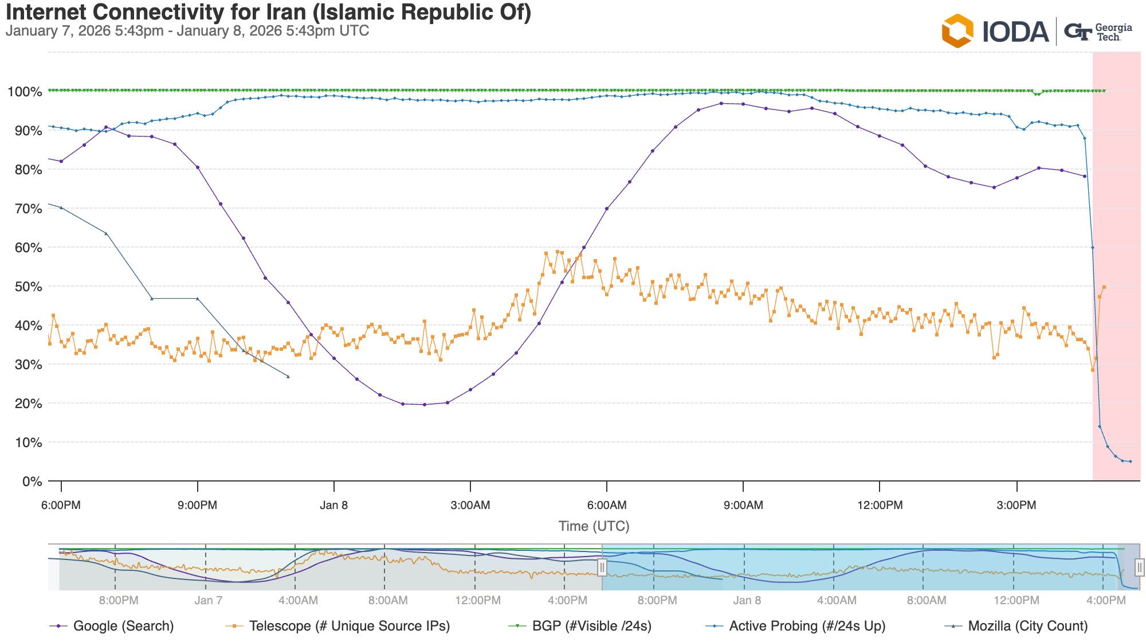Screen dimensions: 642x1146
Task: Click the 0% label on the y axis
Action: pyautogui.click(x=32, y=481)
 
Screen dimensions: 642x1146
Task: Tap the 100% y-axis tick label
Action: pyautogui.click(x=25, y=92)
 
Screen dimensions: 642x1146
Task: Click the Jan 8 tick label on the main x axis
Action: pyautogui.click(x=333, y=505)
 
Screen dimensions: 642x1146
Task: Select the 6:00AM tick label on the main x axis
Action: pyautogui.click(x=607, y=505)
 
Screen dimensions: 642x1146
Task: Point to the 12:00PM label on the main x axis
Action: pyautogui.click(x=880, y=505)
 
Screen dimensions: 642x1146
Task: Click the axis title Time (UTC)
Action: pyautogui.click(x=594, y=526)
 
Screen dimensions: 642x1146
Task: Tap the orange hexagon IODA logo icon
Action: pyautogui.click(x=957, y=31)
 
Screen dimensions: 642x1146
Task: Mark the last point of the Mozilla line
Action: pyautogui.click(x=288, y=377)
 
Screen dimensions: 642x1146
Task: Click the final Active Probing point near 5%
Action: pyautogui.click(x=1130, y=461)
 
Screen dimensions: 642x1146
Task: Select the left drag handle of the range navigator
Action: pyautogui.click(x=602, y=567)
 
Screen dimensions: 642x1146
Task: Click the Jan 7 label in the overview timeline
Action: pyautogui.click(x=207, y=600)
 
